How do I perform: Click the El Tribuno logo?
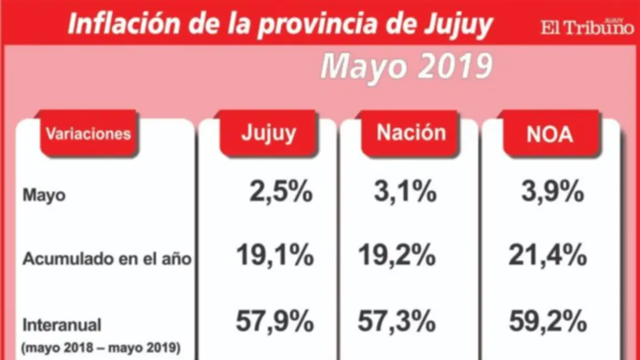pos(587,27)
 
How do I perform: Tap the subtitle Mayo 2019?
pos(406,67)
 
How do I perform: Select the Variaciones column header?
pos(88,133)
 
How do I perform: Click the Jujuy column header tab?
pos(269,133)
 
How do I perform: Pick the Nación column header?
pos(411,133)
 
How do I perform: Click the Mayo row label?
pos(44,196)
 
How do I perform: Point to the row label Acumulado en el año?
pos(107,259)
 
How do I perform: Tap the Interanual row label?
pos(62,323)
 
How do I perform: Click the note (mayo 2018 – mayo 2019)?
pos(100,348)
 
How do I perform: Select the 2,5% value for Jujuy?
pos(280,193)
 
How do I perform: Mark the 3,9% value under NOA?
pos(552,193)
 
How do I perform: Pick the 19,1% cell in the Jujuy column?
pos(275,256)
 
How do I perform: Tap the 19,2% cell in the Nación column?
pos(396,256)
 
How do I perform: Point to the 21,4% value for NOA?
pos(547,256)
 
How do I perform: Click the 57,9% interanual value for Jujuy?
pos(275,322)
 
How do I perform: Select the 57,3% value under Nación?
pos(396,322)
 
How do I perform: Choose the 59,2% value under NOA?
pos(547,322)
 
